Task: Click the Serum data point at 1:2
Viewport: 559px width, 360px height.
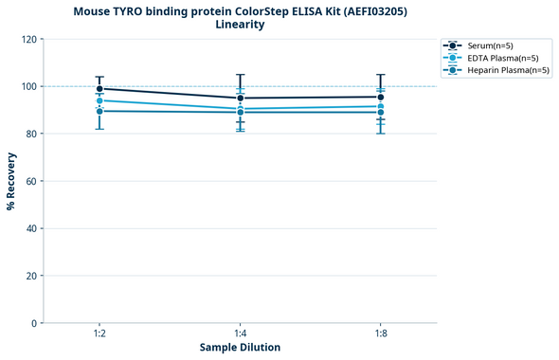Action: pos(99,89)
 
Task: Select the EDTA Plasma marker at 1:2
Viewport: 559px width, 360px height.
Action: pos(99,100)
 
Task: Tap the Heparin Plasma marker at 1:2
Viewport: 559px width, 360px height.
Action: pos(99,111)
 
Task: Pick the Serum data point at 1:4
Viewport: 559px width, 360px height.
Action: pos(241,98)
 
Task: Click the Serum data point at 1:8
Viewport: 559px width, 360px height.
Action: pos(381,97)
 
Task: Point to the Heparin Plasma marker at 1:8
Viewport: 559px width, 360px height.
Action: pos(381,112)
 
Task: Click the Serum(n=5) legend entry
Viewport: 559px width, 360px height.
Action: pos(494,45)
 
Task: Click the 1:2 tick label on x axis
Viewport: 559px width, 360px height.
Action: pos(99,333)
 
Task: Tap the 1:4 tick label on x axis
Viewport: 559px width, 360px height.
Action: pos(241,333)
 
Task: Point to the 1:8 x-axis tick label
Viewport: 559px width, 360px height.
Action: pos(381,333)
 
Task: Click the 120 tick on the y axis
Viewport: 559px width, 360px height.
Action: pos(30,39)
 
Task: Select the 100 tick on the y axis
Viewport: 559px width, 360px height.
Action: pos(30,86)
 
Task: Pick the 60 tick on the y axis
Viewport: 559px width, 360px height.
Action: pos(33,181)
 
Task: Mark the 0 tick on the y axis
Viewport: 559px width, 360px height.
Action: pos(36,323)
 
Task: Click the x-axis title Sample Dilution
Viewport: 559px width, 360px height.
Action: pos(240,348)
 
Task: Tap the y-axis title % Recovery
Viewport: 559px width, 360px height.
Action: pos(11,180)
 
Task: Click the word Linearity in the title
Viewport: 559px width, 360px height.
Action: pos(240,25)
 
